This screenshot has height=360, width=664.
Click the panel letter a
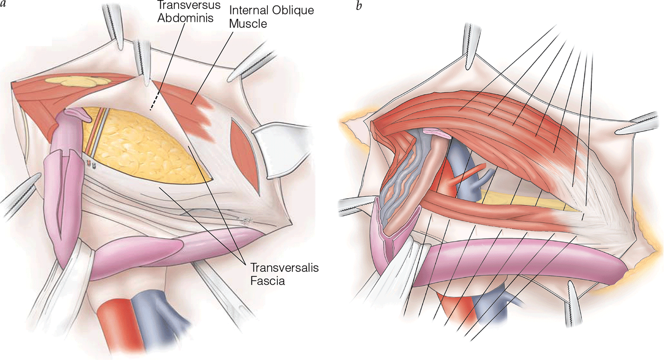[4, 7]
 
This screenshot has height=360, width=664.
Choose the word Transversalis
[284, 268]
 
